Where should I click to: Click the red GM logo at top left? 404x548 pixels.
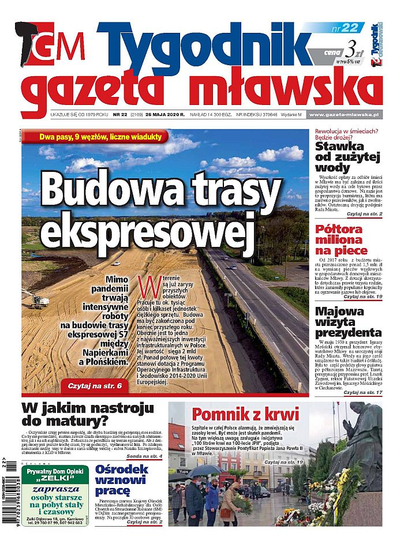click(x=54, y=46)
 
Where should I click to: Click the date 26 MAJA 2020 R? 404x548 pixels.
click(x=165, y=115)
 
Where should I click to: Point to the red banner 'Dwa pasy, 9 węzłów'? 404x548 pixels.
click(x=102, y=137)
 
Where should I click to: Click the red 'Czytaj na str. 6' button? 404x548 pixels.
click(x=95, y=384)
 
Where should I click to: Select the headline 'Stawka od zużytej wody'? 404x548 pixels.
click(x=348, y=156)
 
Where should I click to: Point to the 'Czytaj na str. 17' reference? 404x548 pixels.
click(x=362, y=392)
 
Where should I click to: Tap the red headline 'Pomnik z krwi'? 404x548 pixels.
click(x=245, y=414)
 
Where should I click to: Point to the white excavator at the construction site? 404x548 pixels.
click(x=39, y=300)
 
